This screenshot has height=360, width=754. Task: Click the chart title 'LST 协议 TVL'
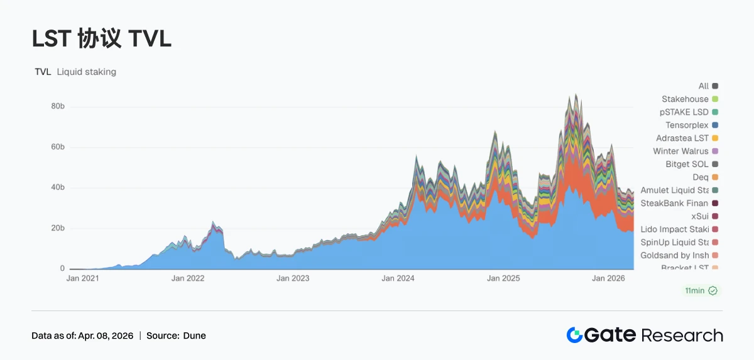pyautogui.click(x=101, y=39)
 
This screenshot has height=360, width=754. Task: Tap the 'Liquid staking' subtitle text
pyautogui.click(x=86, y=72)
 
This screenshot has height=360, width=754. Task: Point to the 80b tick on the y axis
pyautogui.click(x=58, y=107)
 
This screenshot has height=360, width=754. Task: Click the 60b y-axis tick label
pyautogui.click(x=58, y=147)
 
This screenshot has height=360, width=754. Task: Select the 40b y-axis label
pyautogui.click(x=58, y=188)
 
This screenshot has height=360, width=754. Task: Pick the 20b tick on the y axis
pyautogui.click(x=58, y=228)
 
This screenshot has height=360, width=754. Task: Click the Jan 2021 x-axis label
pyautogui.click(x=82, y=278)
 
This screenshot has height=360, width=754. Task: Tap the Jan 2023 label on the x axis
pyautogui.click(x=293, y=278)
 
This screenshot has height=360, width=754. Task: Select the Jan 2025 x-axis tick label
pyautogui.click(x=504, y=278)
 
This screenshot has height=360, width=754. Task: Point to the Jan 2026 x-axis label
pyautogui.click(x=609, y=278)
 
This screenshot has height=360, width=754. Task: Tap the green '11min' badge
pyautogui.click(x=701, y=290)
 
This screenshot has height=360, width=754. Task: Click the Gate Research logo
pyautogui.click(x=644, y=335)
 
